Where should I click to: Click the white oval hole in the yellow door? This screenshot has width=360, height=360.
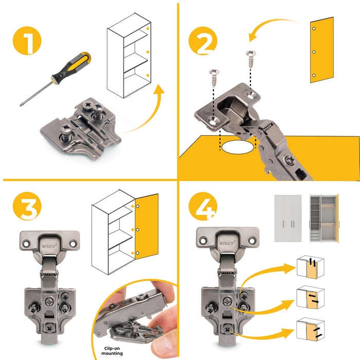click(x=238, y=147)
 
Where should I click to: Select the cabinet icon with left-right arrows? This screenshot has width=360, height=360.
click(x=310, y=298)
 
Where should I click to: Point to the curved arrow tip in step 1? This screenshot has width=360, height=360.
click(x=160, y=89)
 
